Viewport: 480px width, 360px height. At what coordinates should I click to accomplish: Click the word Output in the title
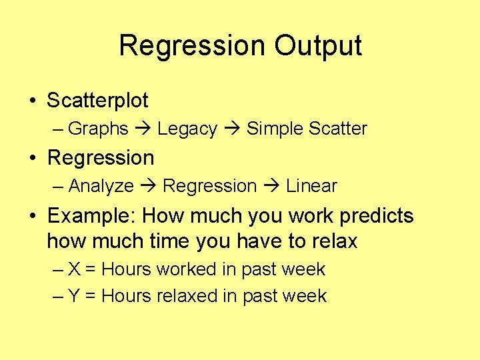point(318,46)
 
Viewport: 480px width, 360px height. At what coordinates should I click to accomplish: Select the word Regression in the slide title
point(192,46)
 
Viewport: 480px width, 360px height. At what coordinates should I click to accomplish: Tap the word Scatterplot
point(97,101)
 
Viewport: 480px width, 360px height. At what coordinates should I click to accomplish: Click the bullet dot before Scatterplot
point(32,101)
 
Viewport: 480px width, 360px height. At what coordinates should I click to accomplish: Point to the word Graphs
point(98,129)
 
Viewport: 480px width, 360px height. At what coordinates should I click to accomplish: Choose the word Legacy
point(187,129)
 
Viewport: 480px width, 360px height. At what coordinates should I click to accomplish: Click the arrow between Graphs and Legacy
point(143,129)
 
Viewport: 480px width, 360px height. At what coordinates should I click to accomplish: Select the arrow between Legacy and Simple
point(231,129)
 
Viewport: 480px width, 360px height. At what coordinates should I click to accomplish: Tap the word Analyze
point(101,186)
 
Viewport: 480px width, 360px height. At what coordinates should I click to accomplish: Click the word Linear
point(311,186)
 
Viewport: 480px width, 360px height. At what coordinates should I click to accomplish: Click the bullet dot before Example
point(32,217)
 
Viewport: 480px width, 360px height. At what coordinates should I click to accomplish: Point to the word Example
point(92,217)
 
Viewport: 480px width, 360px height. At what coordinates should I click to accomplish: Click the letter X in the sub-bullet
point(75,269)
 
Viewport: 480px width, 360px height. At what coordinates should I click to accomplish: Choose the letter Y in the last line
point(75,296)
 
